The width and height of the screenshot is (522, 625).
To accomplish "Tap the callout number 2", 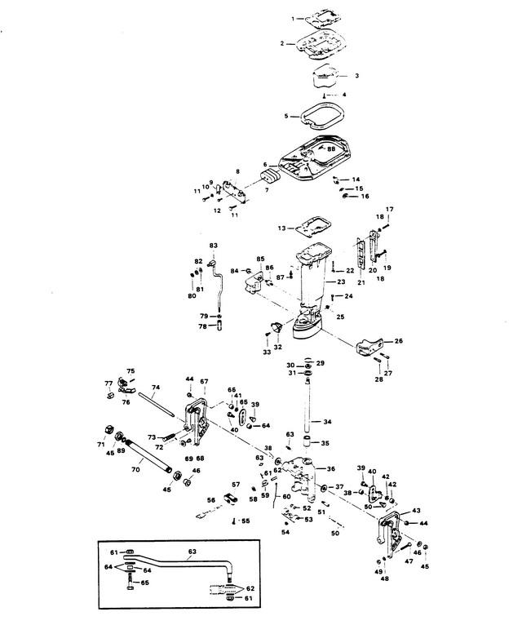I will [x=282, y=43].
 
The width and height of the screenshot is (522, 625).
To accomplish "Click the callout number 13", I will [x=282, y=228].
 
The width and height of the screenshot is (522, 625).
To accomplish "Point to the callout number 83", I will [x=214, y=245].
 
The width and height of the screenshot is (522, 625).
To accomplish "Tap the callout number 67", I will [x=204, y=381].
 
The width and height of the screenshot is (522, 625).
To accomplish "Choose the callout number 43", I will [x=416, y=509].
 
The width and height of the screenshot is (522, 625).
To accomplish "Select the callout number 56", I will [x=210, y=501].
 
